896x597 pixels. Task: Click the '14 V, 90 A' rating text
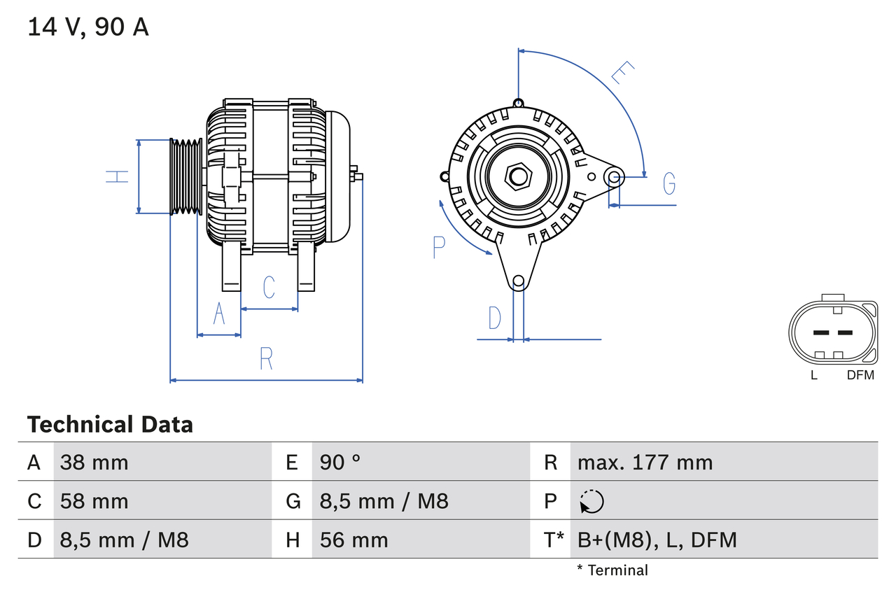[87, 27]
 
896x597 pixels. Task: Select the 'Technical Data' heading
[109, 424]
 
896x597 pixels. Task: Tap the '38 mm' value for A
[94, 462]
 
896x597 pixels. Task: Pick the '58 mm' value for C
[94, 501]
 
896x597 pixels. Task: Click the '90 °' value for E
[340, 462]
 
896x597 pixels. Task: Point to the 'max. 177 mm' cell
[645, 462]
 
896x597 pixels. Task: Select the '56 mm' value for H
[353, 540]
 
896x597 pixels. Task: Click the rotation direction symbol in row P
[591, 501]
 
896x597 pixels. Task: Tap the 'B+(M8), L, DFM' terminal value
[657, 540]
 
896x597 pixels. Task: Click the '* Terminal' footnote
[612, 570]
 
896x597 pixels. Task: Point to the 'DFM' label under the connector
[860, 375]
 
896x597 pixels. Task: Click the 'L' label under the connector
[813, 375]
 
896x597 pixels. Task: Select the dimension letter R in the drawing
[266, 358]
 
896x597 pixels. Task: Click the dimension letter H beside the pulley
[118, 176]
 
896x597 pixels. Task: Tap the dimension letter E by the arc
[622, 72]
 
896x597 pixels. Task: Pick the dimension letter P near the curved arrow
[439, 247]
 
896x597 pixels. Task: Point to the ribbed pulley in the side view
[185, 176]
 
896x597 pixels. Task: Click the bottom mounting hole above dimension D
[518, 281]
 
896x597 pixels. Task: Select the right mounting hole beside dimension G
[614, 176]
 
